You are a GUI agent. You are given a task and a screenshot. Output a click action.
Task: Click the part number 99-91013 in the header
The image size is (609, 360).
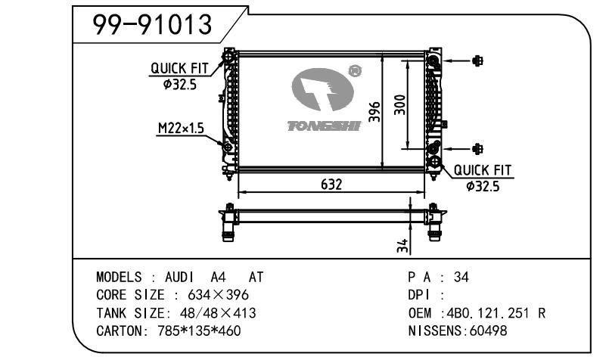point(152,25)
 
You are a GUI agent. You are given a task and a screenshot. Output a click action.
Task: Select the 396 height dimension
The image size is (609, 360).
point(372,112)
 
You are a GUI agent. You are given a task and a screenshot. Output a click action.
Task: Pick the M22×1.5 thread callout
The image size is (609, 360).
point(181,129)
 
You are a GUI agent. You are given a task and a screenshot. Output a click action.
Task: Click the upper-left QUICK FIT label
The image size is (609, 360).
point(179,68)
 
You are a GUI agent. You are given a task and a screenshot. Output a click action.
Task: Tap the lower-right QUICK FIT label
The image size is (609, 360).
point(483,172)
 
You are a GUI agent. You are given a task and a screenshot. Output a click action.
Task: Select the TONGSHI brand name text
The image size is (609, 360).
point(324,125)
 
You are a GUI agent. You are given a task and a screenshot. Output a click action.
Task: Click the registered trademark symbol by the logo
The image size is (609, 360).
point(353,73)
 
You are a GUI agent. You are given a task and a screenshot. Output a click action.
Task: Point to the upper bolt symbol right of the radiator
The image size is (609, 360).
point(477,61)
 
